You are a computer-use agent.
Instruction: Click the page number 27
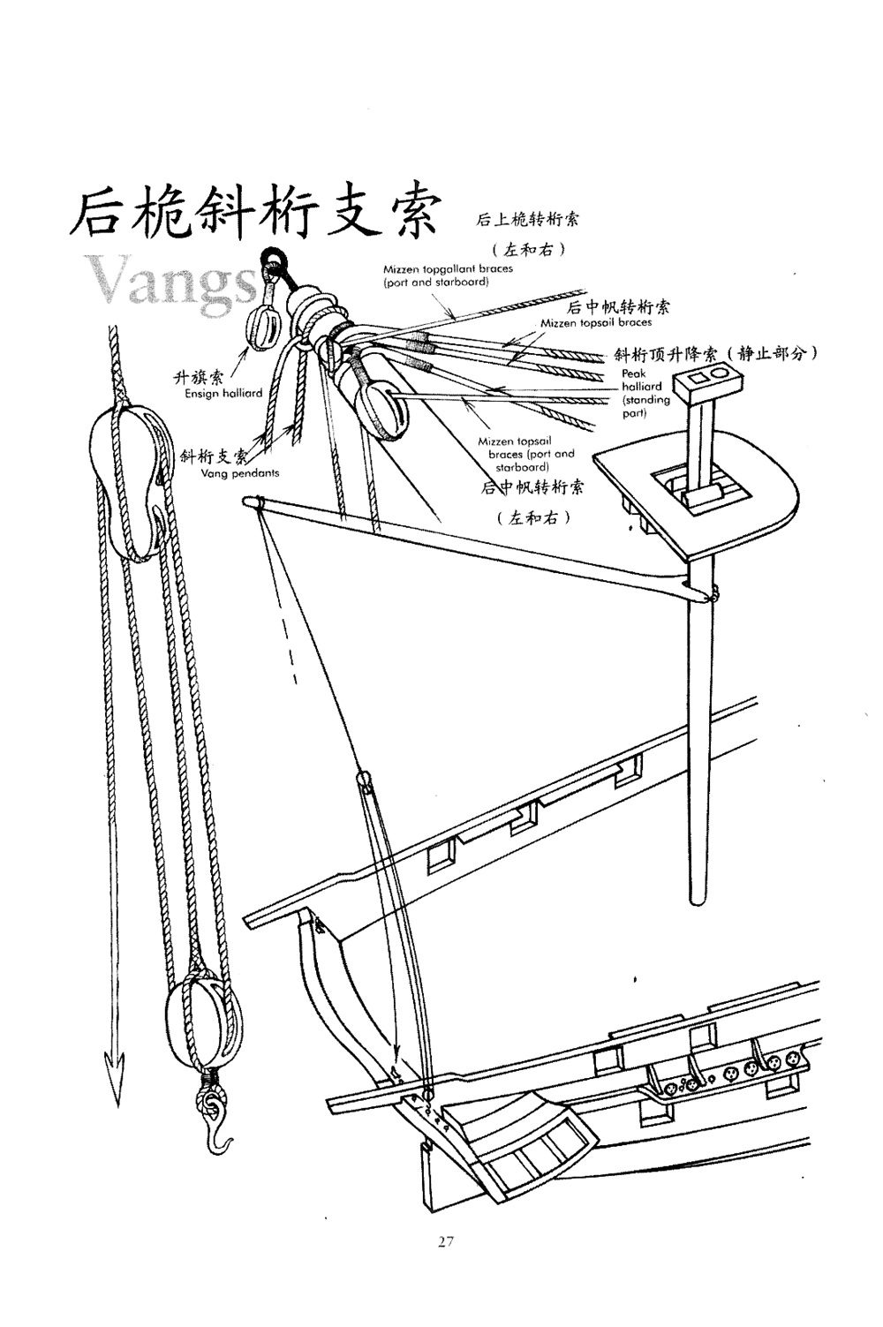[445, 1241]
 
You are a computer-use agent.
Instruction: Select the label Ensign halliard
[223, 394]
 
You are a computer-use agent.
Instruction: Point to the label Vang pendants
[240, 473]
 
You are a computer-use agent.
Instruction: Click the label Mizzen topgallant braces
[435, 275]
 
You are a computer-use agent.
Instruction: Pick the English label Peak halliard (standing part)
[645, 394]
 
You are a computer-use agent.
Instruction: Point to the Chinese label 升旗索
[198, 379]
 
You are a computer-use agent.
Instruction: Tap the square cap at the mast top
[705, 382]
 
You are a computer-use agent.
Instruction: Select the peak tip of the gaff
[253, 503]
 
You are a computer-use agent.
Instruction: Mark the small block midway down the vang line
[364, 780]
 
